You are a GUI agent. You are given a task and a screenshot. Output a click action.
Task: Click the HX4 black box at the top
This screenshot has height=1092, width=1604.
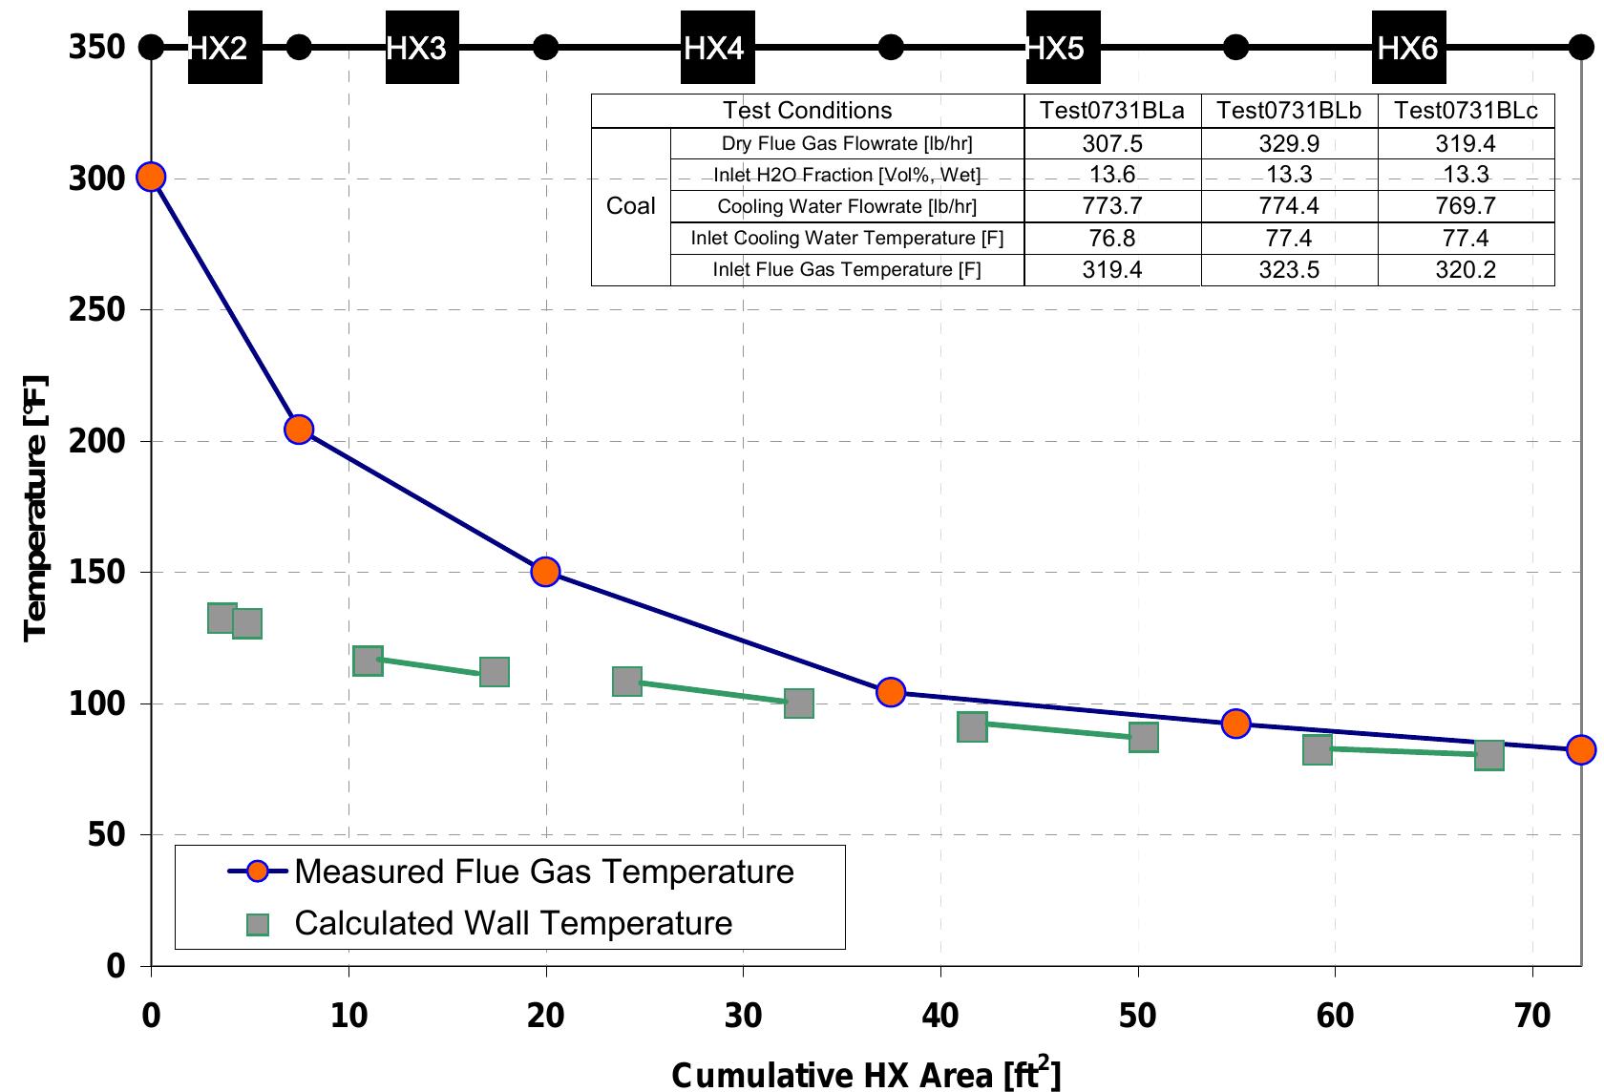pos(717,48)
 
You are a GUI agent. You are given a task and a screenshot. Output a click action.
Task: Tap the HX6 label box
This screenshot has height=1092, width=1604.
pos(1408,48)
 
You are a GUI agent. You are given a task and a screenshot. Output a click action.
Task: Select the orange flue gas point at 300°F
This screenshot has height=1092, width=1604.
pos(151,177)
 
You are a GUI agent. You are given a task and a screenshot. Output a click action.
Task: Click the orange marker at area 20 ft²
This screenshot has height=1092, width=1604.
pos(545,572)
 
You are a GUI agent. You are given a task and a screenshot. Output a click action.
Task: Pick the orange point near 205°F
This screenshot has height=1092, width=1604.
pos(299,430)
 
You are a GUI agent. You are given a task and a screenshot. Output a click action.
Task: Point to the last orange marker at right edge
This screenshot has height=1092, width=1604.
pos(1581,749)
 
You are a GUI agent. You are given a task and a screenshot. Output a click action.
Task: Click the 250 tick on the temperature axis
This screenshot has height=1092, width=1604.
pos(97,310)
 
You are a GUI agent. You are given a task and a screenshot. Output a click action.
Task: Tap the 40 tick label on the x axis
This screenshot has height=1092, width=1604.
pos(940,1016)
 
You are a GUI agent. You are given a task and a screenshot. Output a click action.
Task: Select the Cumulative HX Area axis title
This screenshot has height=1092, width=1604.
pos(865,1074)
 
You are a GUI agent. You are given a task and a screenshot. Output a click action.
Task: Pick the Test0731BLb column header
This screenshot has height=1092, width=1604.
pos(1289,111)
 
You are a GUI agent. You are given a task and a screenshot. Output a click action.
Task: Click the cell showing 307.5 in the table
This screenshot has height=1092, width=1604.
pos(1112,144)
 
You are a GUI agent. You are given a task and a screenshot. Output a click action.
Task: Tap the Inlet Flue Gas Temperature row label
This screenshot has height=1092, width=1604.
pos(846,270)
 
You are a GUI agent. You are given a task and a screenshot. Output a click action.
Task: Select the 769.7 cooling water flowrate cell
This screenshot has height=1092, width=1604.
pos(1466,206)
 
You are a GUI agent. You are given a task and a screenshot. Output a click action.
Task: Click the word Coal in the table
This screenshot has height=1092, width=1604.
pos(631,206)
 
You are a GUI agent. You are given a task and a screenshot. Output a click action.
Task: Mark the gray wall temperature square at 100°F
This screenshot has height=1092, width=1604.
pos(798,704)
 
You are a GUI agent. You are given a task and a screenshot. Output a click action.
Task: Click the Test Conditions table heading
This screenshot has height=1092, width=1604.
pos(807,111)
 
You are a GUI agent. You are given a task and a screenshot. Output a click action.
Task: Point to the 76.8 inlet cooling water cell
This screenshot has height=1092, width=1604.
pos(1112,239)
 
